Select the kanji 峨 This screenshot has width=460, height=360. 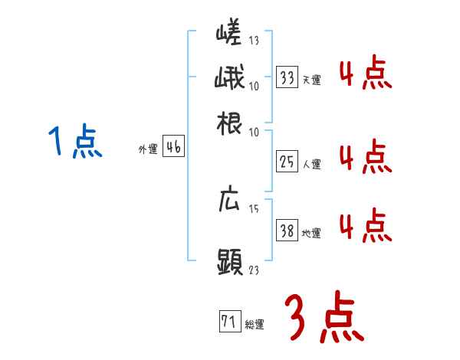click(228, 80)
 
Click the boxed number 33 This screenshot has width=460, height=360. click(287, 78)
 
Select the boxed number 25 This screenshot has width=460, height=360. click(287, 161)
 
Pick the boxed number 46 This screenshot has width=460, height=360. click(173, 148)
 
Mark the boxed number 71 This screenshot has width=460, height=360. click(228, 322)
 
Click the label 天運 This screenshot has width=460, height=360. click(311, 80)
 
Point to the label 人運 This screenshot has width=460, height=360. click(311, 163)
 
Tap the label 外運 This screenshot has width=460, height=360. click(148, 150)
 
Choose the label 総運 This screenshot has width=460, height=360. click(255, 324)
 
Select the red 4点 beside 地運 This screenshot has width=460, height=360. click(365, 224)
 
